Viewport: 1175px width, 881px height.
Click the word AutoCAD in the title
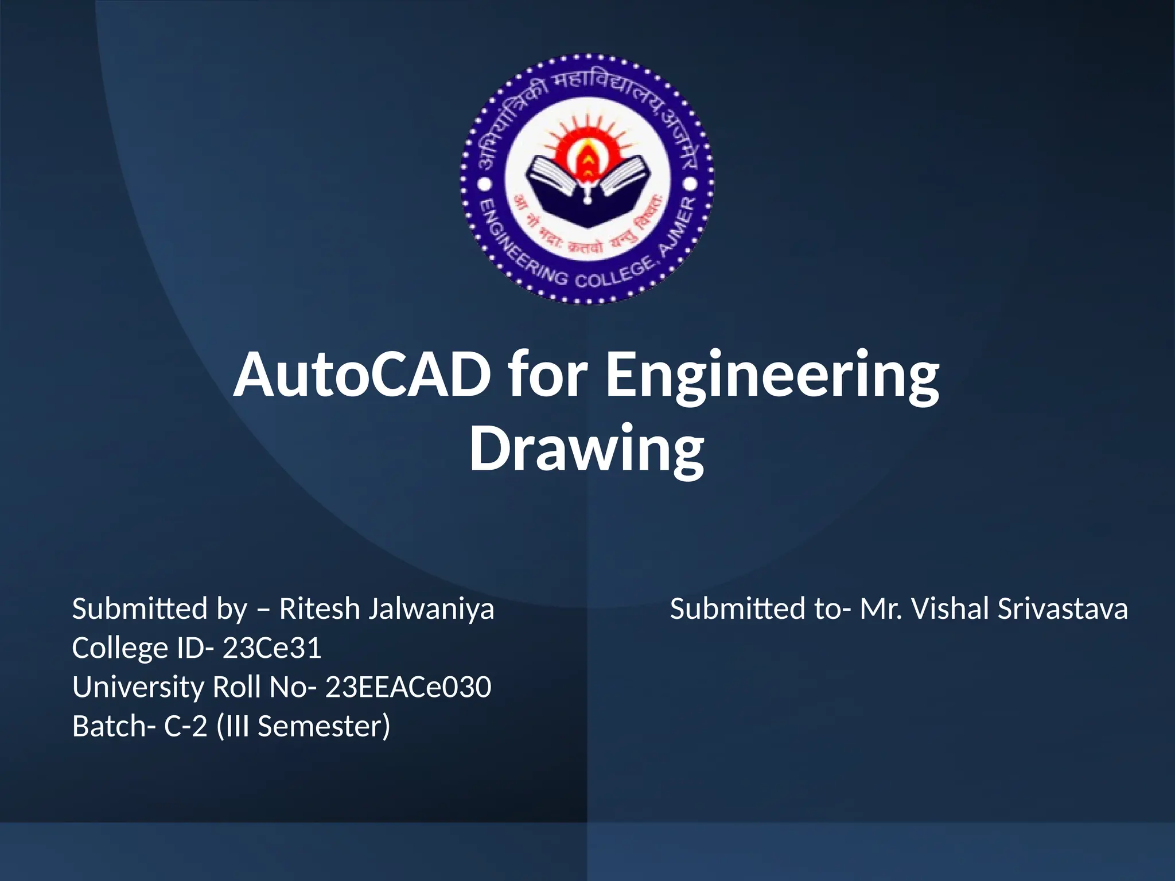[362, 376]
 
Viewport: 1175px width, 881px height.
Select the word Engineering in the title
[772, 376]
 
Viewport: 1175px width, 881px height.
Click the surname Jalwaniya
[431, 609]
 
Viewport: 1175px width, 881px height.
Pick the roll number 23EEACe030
[408, 687]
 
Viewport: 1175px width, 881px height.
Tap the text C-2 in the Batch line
[185, 726]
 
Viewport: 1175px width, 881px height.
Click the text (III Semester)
[304, 726]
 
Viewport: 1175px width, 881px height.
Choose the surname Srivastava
[1063, 609]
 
